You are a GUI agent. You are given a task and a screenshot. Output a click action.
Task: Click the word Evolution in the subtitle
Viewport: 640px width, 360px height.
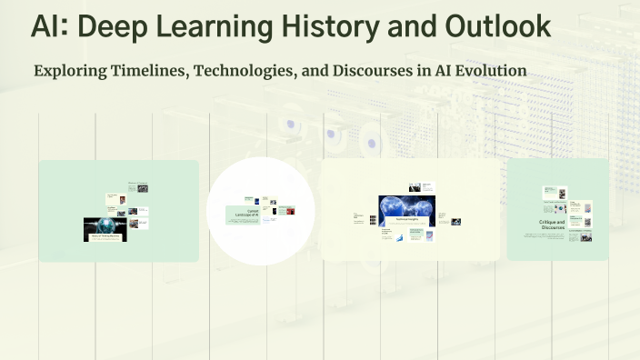point(491,71)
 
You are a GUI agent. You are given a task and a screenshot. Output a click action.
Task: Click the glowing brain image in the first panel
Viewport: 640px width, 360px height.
point(105,225)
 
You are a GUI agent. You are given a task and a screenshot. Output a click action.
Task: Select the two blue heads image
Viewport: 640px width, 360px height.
point(406,208)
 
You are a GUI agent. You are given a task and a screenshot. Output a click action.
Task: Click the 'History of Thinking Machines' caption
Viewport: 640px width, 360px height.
point(105,237)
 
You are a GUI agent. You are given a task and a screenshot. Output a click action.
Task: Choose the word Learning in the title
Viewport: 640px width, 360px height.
point(212,26)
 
